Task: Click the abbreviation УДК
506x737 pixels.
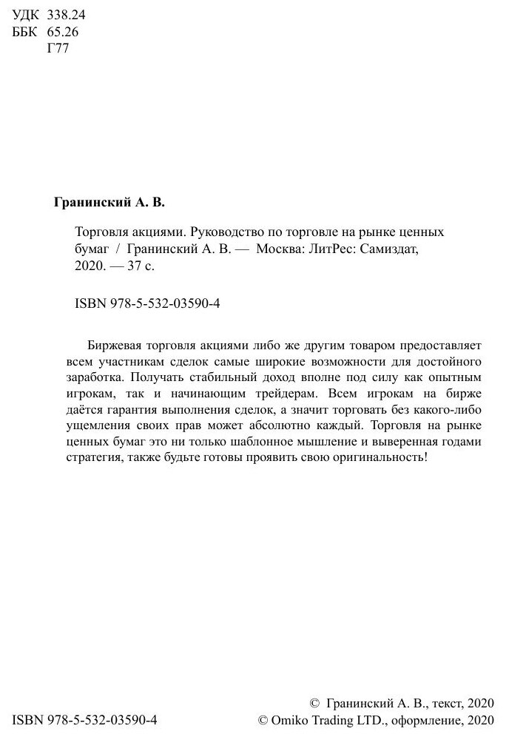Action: [x=27, y=16]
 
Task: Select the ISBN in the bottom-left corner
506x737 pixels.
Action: [x=86, y=720]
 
